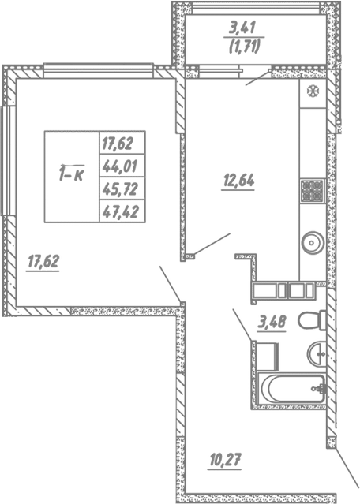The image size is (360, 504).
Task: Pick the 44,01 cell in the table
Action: (x=118, y=166)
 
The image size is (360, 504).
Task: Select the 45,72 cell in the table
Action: (x=118, y=189)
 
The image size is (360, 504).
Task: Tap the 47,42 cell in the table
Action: (x=118, y=211)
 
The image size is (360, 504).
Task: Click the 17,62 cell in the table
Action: (x=118, y=144)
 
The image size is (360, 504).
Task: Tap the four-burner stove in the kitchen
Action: (x=309, y=191)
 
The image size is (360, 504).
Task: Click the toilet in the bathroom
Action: (x=317, y=321)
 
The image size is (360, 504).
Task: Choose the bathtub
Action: (x=292, y=389)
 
